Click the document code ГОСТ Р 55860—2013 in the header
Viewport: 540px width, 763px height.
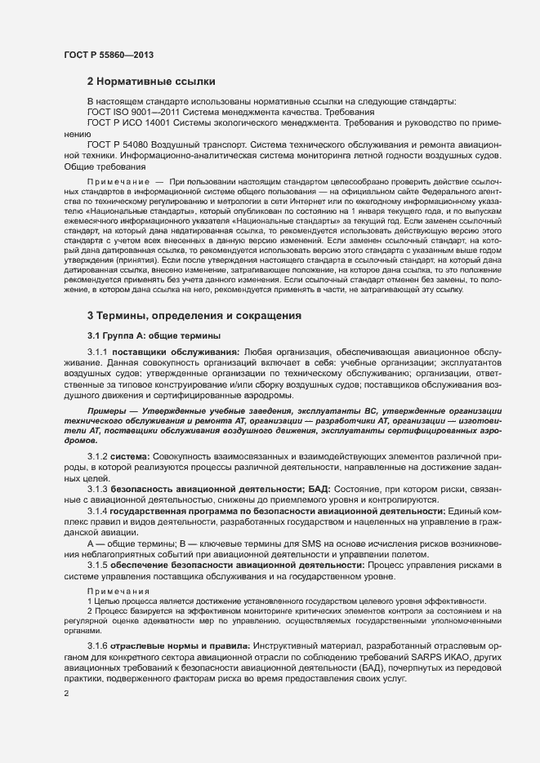point(108,54)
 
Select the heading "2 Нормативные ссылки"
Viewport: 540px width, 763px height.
point(151,82)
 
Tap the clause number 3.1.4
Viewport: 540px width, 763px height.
point(98,511)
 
